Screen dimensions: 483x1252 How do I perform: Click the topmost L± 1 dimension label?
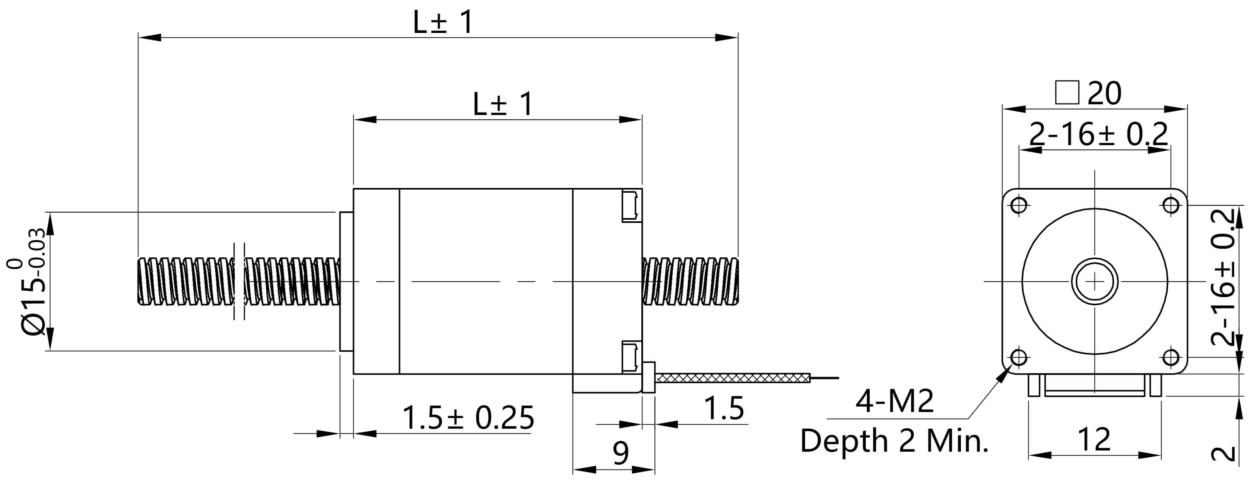coord(442,22)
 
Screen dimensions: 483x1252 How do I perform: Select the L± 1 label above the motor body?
coord(502,104)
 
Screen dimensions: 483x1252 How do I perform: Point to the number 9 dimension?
coord(621,453)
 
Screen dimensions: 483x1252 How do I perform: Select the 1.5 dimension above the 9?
coord(724,408)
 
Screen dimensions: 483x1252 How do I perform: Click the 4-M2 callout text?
coord(894,401)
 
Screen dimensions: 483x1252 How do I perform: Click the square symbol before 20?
coord(1067,92)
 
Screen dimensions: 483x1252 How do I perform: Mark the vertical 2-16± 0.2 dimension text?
coord(1223,277)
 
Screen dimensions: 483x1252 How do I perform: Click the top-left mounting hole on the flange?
coord(1019,205)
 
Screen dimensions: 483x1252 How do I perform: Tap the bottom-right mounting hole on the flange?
coord(1171,358)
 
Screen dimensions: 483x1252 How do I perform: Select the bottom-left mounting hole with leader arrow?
coord(1019,358)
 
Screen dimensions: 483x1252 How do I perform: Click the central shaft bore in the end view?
coord(1095,281)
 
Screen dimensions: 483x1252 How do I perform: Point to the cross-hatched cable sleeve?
coord(733,378)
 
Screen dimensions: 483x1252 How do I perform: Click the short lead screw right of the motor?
coord(690,281)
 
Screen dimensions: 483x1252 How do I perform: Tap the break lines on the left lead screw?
coord(239,281)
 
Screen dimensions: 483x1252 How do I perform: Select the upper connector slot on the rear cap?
coord(631,207)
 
